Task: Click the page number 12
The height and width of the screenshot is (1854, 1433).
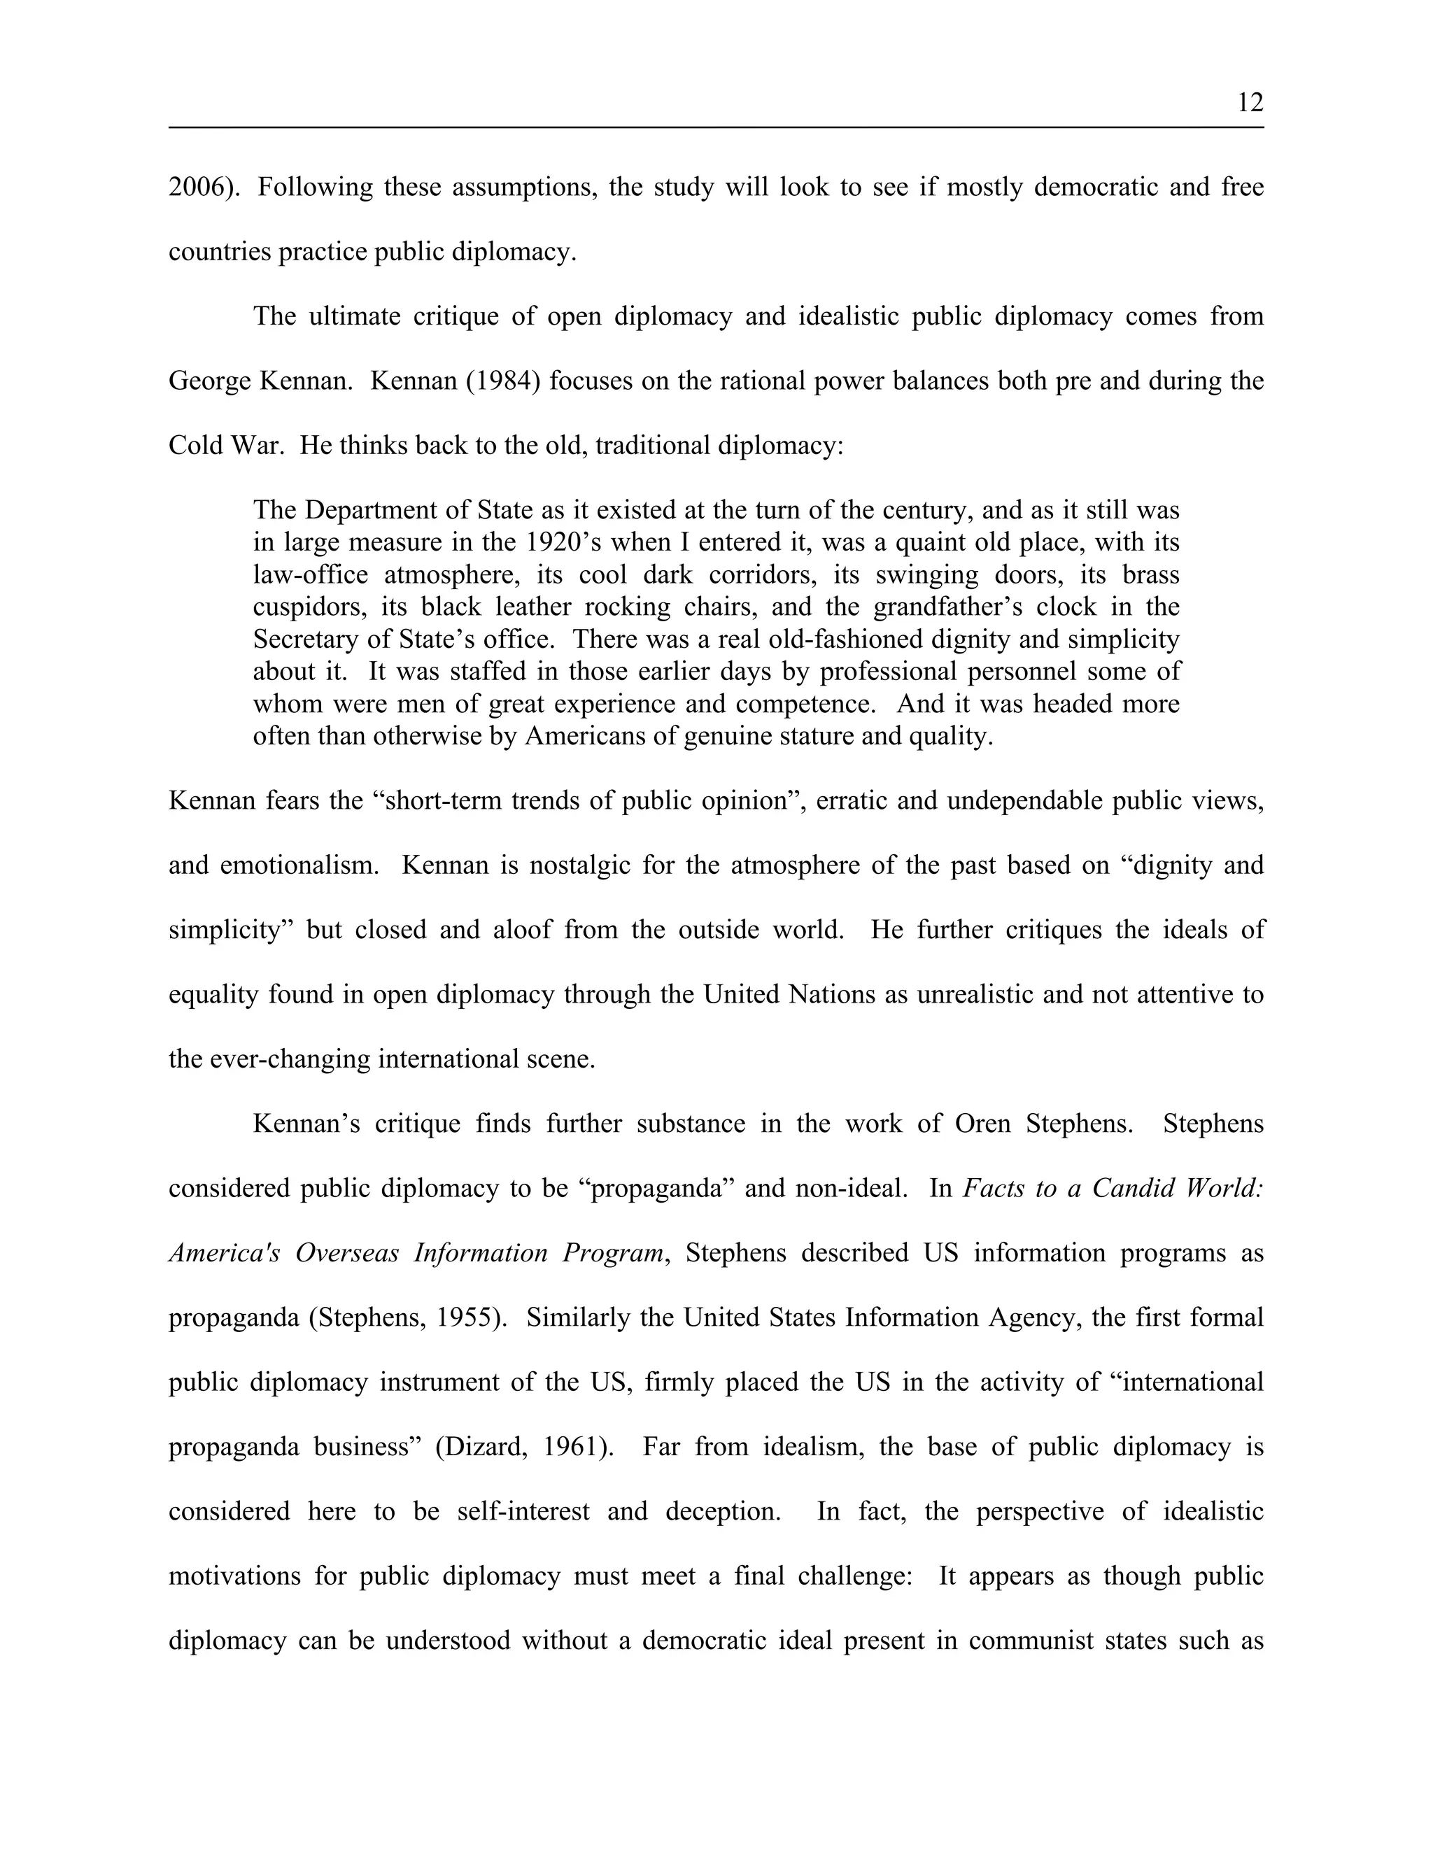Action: click(1250, 103)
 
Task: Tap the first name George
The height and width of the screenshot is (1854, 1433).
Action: click(206, 381)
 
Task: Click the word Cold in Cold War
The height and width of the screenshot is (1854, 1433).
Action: click(195, 445)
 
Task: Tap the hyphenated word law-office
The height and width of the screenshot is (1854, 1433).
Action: click(311, 574)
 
